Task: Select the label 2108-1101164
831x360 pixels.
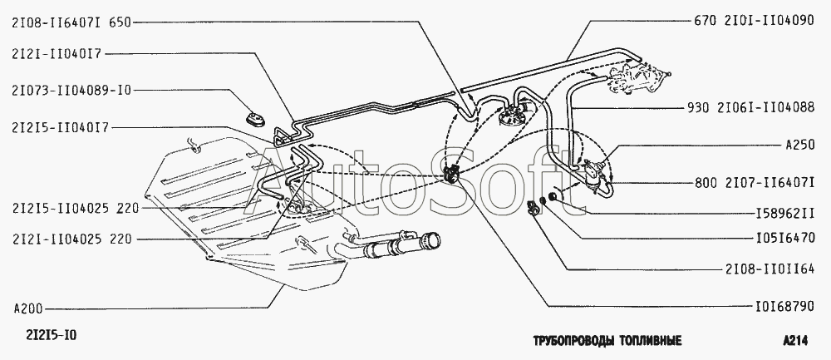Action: click(x=772, y=269)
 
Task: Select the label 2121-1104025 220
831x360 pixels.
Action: click(x=71, y=239)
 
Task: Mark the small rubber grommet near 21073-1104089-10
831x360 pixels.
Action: click(x=251, y=112)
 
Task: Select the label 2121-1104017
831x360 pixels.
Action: click(x=56, y=54)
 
